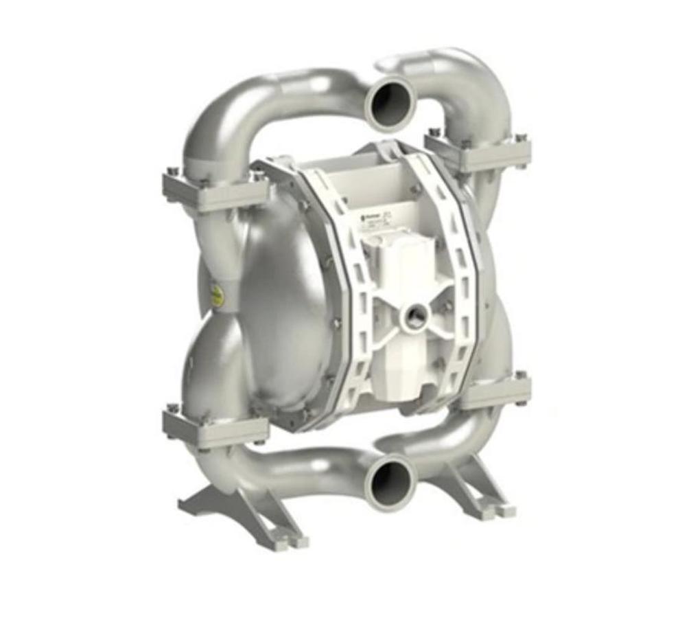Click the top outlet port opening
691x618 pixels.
pos(390,104)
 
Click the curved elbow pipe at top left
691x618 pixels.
pos(233,110)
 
